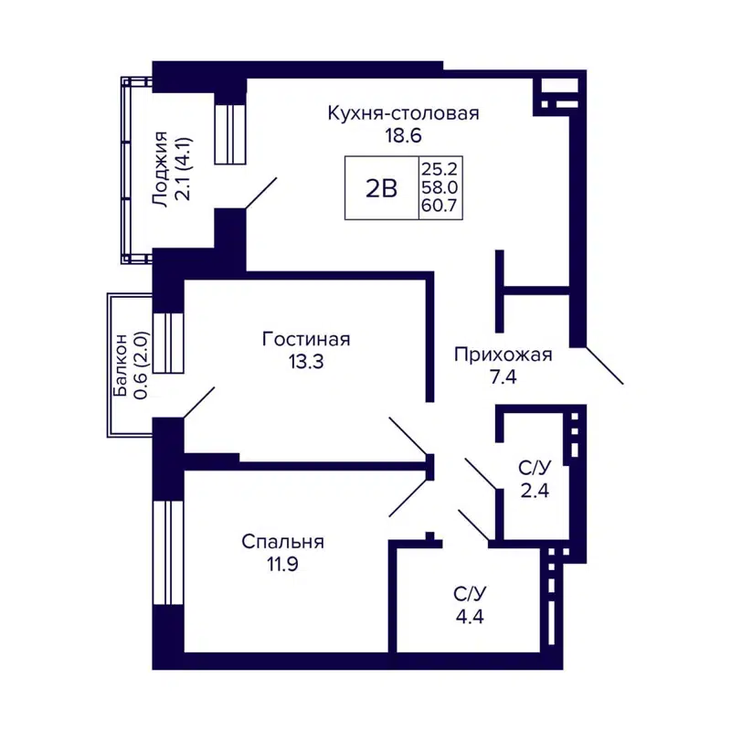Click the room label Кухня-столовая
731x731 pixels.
pos(404,113)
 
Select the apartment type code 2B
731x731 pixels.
pos(380,189)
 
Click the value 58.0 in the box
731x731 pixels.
pos(439,188)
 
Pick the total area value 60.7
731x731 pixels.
pos(439,207)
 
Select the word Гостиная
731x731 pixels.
pos(306,339)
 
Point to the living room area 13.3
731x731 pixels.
pos(306,361)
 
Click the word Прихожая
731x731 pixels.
pos(503,355)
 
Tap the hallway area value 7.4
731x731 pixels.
pos(503,377)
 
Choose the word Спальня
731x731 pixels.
pos(282,542)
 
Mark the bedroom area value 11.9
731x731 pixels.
pos(282,564)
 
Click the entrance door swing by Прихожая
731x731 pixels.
pos(604,365)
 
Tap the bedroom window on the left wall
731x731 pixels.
pos(169,552)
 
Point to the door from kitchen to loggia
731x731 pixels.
pos(261,194)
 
